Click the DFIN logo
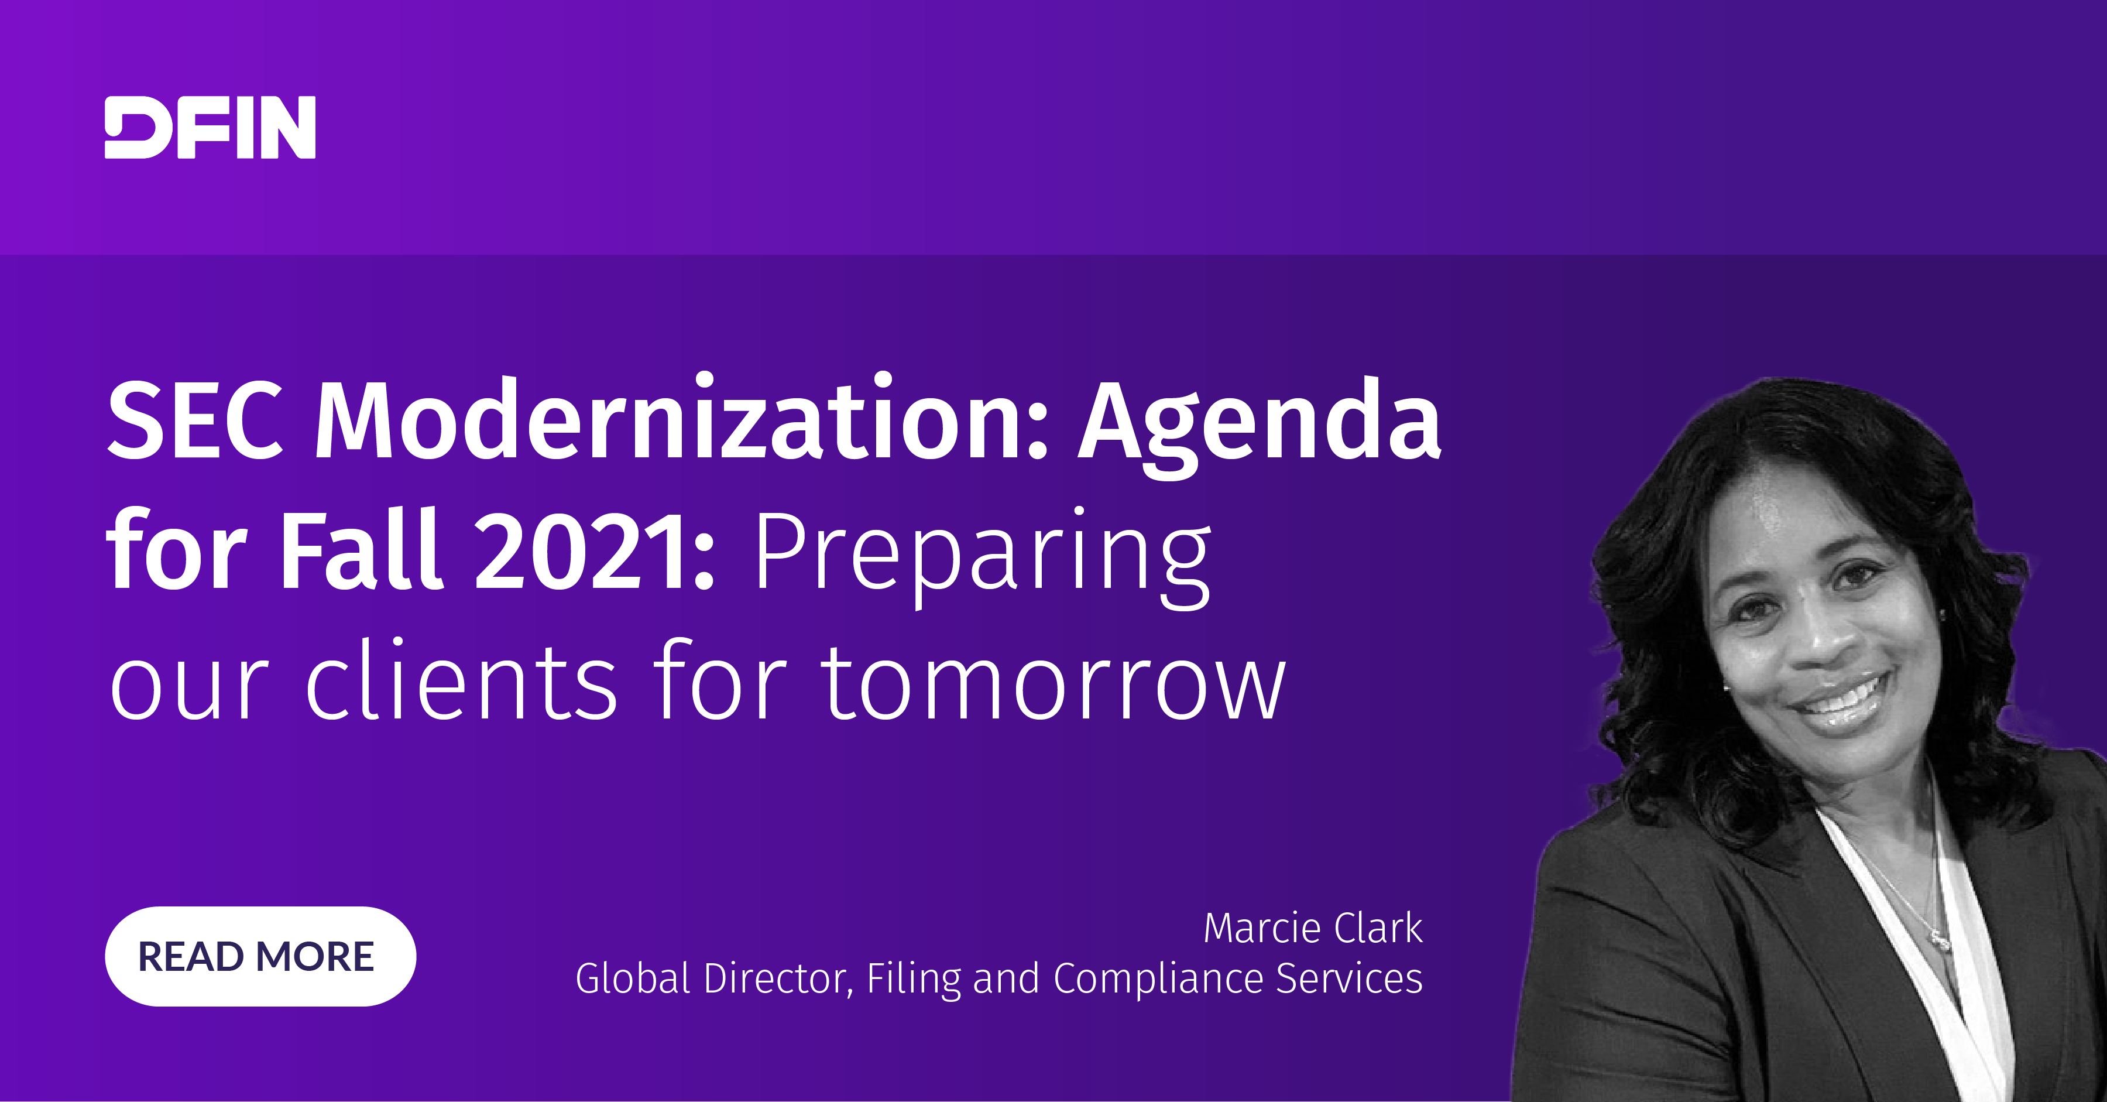pyautogui.click(x=210, y=127)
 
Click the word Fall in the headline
pyautogui.click(x=362, y=547)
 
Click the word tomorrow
pyautogui.click(x=1053, y=682)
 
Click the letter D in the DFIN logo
pyautogui.click(x=135, y=127)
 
